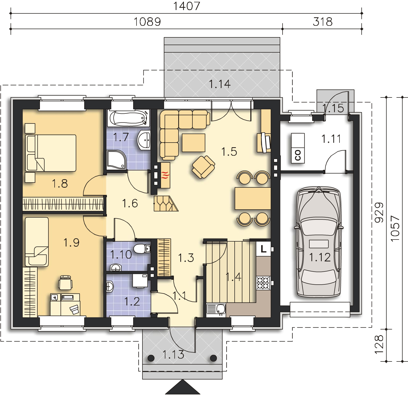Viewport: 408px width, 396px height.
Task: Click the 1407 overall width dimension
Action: pos(186,6)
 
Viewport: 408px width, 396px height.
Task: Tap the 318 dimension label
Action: pos(322,22)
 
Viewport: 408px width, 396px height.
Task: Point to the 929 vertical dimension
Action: pos(379,213)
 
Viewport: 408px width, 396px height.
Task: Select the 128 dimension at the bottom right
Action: pos(379,345)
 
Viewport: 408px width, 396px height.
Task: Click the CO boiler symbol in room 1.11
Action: pos(298,148)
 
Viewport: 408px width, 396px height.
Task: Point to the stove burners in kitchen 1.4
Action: pos(263,283)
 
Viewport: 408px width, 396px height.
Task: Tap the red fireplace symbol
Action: pos(165,176)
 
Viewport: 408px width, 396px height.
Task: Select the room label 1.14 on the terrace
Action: pos(219,84)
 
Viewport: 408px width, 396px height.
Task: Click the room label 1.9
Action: pos(71,242)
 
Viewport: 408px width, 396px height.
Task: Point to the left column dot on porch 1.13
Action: pos(151,358)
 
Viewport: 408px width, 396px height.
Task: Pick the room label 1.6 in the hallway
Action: pos(130,203)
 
